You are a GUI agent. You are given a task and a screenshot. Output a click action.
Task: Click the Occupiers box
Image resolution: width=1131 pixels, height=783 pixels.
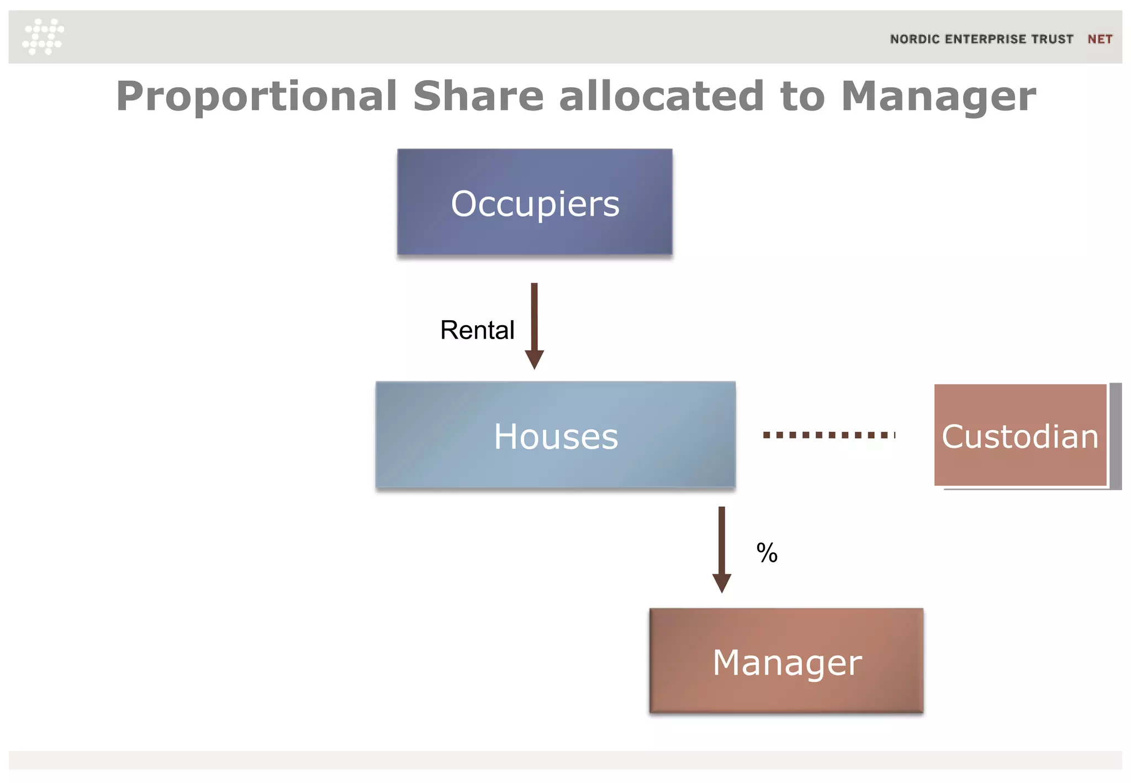(x=535, y=202)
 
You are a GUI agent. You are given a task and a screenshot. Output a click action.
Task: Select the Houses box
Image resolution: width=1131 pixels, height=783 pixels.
(x=555, y=435)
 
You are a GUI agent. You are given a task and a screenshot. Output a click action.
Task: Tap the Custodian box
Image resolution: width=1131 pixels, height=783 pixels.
(x=1020, y=435)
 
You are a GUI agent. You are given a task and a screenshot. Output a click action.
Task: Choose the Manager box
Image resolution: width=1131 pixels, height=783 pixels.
(x=786, y=661)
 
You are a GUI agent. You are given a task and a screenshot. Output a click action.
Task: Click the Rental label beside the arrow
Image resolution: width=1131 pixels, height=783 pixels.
(x=477, y=330)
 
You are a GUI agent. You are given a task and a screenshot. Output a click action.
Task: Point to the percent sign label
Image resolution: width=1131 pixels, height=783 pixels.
(x=767, y=553)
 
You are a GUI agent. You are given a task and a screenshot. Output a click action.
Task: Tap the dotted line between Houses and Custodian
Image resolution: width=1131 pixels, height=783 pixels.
(x=828, y=435)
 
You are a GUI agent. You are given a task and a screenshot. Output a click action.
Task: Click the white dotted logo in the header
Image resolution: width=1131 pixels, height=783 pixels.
(x=43, y=36)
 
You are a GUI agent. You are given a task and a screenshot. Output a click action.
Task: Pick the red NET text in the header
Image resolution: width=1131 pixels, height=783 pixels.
(x=1100, y=39)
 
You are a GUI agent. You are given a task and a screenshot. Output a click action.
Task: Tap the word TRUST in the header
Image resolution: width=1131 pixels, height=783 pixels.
(x=1053, y=39)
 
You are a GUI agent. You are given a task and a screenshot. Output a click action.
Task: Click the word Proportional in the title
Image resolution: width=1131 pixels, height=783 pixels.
(x=256, y=97)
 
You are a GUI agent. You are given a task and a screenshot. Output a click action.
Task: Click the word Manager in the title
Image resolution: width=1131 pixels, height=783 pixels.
(x=938, y=97)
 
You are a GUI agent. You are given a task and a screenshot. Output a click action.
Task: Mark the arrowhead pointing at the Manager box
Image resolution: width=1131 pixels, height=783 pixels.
(x=721, y=583)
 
